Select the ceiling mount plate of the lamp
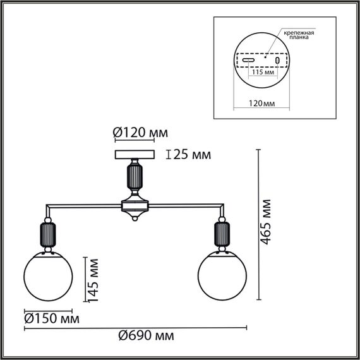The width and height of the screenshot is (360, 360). tap(135, 154)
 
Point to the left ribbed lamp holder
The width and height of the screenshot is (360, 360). tap(49, 236)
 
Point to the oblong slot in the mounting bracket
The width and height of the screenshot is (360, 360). tap(249, 61)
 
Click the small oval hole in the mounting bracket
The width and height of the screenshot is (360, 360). tap(277, 61)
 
